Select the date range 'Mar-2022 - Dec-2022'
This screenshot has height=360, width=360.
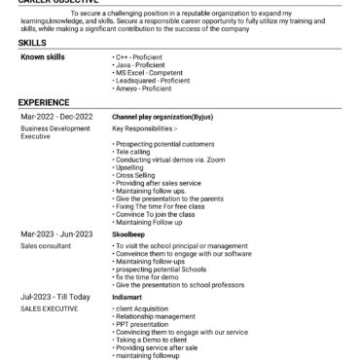pyautogui.click(x=55, y=116)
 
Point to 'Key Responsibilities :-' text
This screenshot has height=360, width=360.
pyautogui.click(x=145, y=127)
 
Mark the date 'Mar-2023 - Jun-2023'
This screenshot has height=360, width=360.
pyautogui.click(x=55, y=234)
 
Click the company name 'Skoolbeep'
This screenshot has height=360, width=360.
pyautogui.click(x=131, y=234)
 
